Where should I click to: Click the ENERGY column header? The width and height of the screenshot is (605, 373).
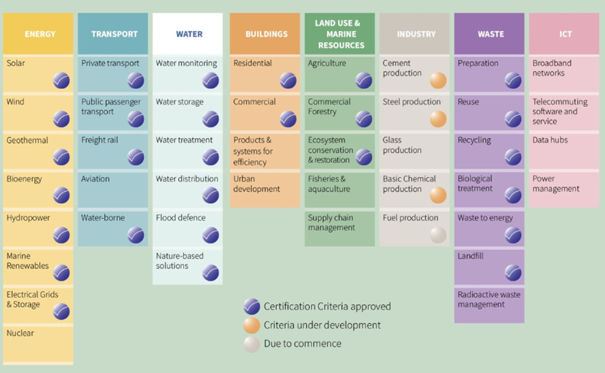[40, 34]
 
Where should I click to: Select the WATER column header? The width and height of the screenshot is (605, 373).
[189, 34]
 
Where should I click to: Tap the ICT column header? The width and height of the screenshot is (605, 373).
[565, 34]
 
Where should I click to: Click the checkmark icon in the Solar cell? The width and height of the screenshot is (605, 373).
[61, 80]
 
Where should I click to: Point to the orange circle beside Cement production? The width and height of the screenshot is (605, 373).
[438, 80]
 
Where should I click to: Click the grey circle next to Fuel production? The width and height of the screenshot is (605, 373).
[438, 235]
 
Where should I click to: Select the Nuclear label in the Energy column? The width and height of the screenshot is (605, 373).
[20, 333]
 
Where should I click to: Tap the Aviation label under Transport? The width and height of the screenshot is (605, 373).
[96, 179]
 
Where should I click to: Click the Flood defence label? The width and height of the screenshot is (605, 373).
[181, 218]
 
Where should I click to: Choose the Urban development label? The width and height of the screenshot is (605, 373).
[257, 184]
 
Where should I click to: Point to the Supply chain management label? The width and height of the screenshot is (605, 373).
[332, 223]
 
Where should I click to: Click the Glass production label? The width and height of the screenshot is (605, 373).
[402, 145]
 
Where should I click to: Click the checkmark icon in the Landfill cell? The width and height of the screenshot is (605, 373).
[513, 273]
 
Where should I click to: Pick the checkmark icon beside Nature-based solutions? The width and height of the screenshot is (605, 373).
[210, 273]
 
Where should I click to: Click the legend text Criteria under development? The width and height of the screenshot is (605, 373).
[322, 325]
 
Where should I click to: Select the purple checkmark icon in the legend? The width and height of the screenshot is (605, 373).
[252, 307]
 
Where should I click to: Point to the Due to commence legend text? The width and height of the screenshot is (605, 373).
[302, 344]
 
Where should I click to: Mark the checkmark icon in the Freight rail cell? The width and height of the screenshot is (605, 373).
[136, 158]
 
